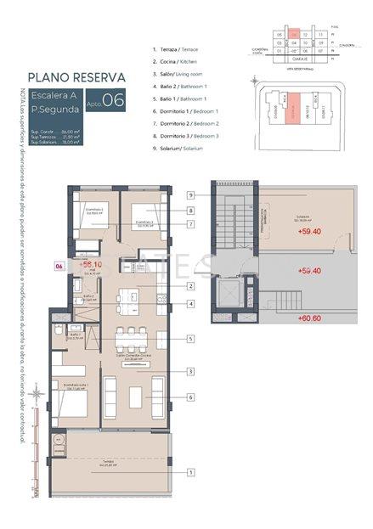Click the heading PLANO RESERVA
[77, 76]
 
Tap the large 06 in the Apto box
[115, 99]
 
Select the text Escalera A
[54, 94]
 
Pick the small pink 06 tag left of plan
[59, 265]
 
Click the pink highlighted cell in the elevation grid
[293, 35]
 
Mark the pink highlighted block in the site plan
[293, 112]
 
